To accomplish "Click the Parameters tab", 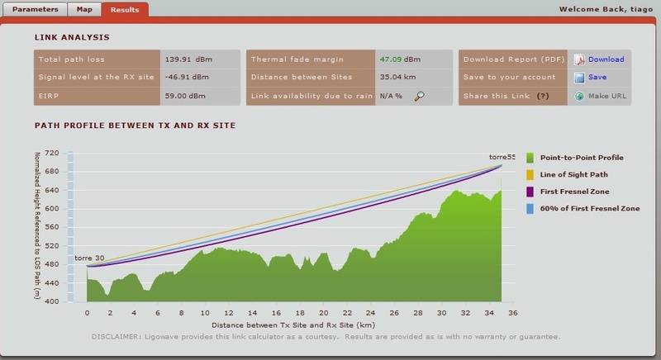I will (x=35, y=9).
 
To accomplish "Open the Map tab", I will (x=83, y=9).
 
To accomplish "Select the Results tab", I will (x=125, y=9).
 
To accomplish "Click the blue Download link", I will (x=606, y=59).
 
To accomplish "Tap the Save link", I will (x=597, y=77).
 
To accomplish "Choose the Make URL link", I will (x=606, y=96).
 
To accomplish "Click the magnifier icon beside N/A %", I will (x=420, y=96).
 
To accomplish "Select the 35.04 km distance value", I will (x=395, y=78).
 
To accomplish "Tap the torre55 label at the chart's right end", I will (x=502, y=157).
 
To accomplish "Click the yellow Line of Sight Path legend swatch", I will (x=530, y=174).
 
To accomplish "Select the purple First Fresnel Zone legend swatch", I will (x=530, y=192).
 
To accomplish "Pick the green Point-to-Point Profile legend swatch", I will (x=530, y=157).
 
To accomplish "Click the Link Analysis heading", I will (x=72, y=38).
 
